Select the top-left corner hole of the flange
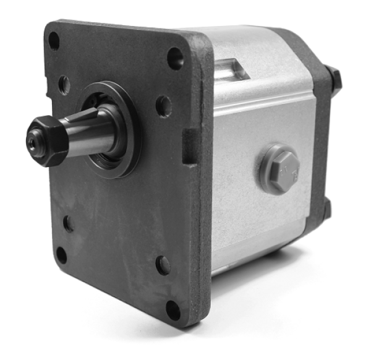click(54, 41)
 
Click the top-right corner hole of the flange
click(175, 58)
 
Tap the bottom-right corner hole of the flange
click(173, 310)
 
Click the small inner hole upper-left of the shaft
click(64, 84)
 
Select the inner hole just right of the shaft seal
click(163, 106)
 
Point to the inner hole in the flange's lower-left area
click(68, 223)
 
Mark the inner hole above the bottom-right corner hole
click(163, 265)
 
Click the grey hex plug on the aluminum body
click(279, 169)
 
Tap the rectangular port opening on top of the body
click(232, 69)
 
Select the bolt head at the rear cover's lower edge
click(326, 210)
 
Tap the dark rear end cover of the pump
click(321, 142)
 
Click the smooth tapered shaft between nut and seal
click(93, 133)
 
